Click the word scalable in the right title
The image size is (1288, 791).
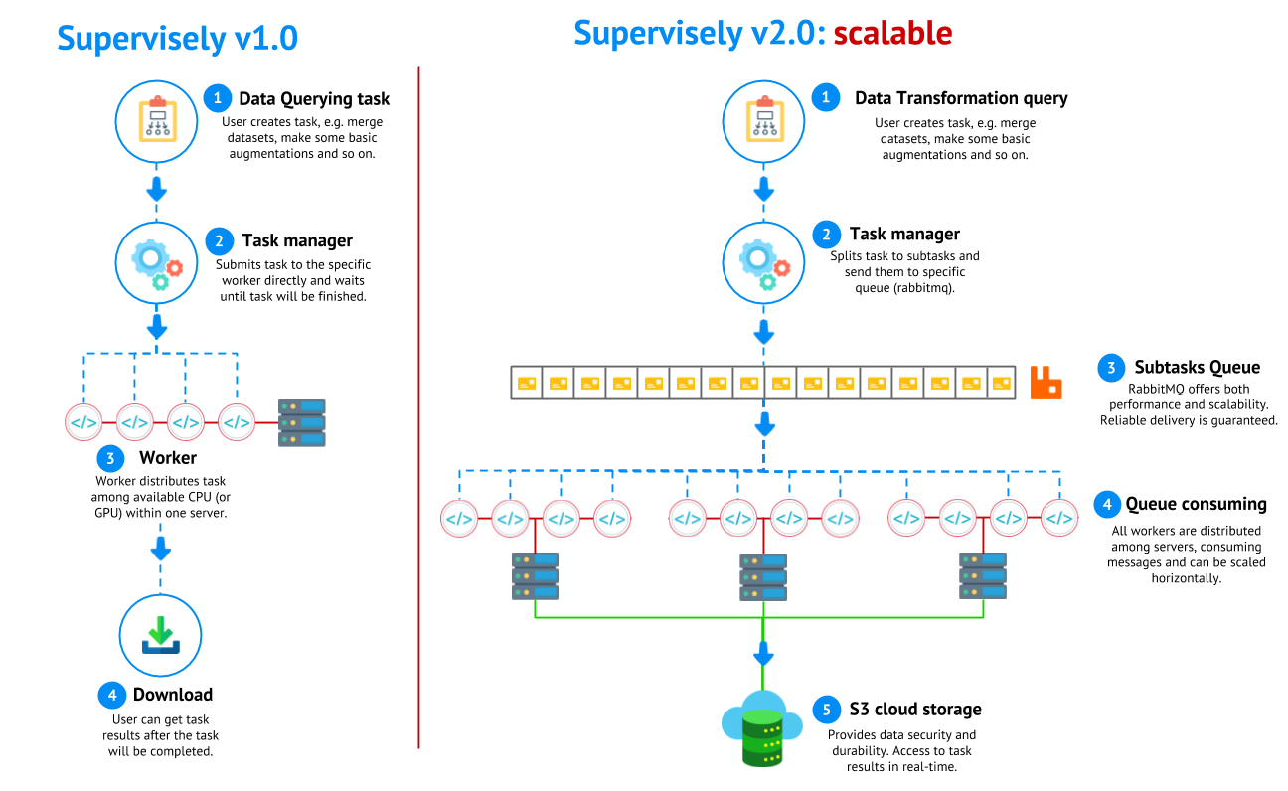(891, 34)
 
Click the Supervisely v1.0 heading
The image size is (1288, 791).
(177, 38)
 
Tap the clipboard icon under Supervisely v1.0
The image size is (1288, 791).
(157, 121)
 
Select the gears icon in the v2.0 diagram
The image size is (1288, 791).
(763, 262)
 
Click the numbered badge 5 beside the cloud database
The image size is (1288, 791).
(826, 710)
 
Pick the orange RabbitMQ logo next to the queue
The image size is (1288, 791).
(1046, 383)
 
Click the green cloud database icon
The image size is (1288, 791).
(762, 729)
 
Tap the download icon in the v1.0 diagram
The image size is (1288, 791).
(160, 635)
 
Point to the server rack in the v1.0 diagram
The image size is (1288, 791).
(302, 422)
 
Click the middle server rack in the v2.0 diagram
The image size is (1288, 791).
(763, 576)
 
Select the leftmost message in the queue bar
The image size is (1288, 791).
(527, 383)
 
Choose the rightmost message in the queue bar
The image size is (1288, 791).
(1001, 383)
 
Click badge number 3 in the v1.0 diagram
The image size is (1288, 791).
(110, 458)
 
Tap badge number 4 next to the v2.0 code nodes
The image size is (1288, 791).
(1107, 504)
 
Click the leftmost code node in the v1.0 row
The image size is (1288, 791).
(83, 422)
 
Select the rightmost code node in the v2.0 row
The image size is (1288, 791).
(1059, 518)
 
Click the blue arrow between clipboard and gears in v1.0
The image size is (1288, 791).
(157, 189)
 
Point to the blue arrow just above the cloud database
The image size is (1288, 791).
(763, 654)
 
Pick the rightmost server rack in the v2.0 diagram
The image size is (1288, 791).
(983, 575)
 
